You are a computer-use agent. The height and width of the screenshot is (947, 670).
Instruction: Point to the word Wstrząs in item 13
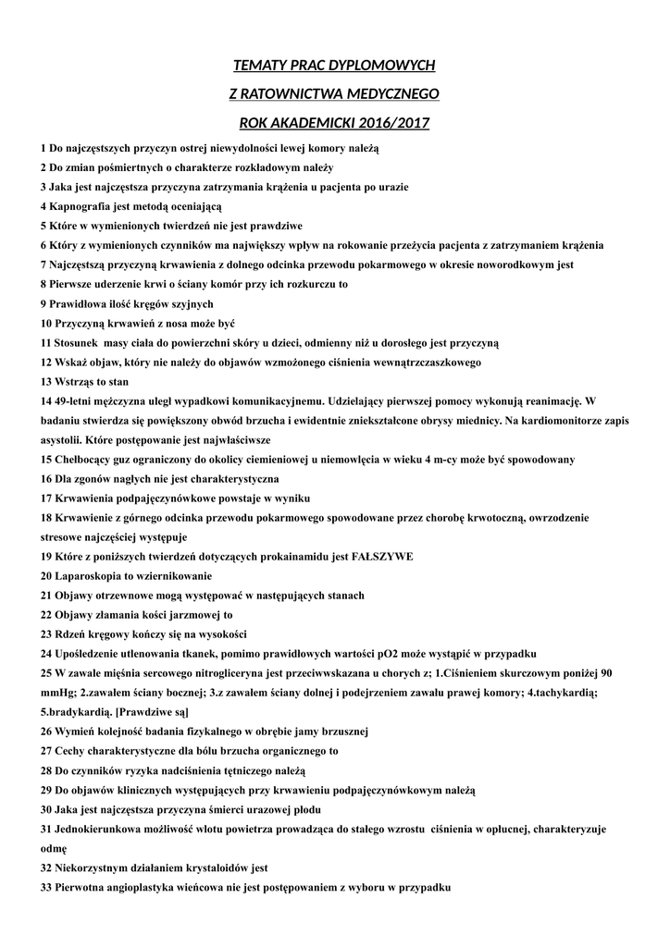[x=74, y=381]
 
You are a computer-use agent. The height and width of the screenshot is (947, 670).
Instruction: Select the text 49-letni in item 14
[x=77, y=400]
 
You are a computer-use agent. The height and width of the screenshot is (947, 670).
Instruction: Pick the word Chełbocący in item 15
[x=86, y=459]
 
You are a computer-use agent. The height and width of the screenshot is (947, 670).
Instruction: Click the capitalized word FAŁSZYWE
[x=382, y=556]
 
